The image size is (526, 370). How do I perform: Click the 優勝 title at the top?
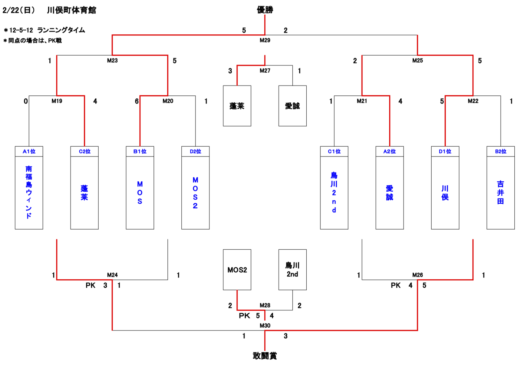click(x=265, y=10)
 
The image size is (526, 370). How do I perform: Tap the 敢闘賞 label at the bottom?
click(x=265, y=356)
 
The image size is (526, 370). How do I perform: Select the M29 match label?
click(x=265, y=40)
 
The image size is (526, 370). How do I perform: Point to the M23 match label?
click(x=112, y=61)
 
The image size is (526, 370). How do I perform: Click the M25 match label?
click(x=417, y=61)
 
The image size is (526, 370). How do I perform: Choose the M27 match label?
click(x=265, y=71)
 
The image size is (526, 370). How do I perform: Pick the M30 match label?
click(x=265, y=325)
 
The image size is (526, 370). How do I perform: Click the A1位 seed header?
click(x=29, y=151)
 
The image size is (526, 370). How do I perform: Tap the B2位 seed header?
click(x=500, y=151)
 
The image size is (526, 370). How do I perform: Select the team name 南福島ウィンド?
click(x=29, y=192)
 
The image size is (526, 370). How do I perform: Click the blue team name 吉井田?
click(x=500, y=192)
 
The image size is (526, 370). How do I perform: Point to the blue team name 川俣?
click(x=445, y=193)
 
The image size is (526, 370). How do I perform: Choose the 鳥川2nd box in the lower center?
click(x=292, y=270)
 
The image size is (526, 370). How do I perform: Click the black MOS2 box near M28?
click(x=237, y=270)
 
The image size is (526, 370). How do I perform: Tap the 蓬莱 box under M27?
click(x=237, y=106)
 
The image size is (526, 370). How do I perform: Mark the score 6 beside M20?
click(x=137, y=101)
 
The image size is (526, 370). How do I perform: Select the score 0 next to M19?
click(x=26, y=101)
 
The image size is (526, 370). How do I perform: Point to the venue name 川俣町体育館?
click(x=72, y=10)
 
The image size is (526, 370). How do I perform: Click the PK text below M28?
click(x=244, y=316)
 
